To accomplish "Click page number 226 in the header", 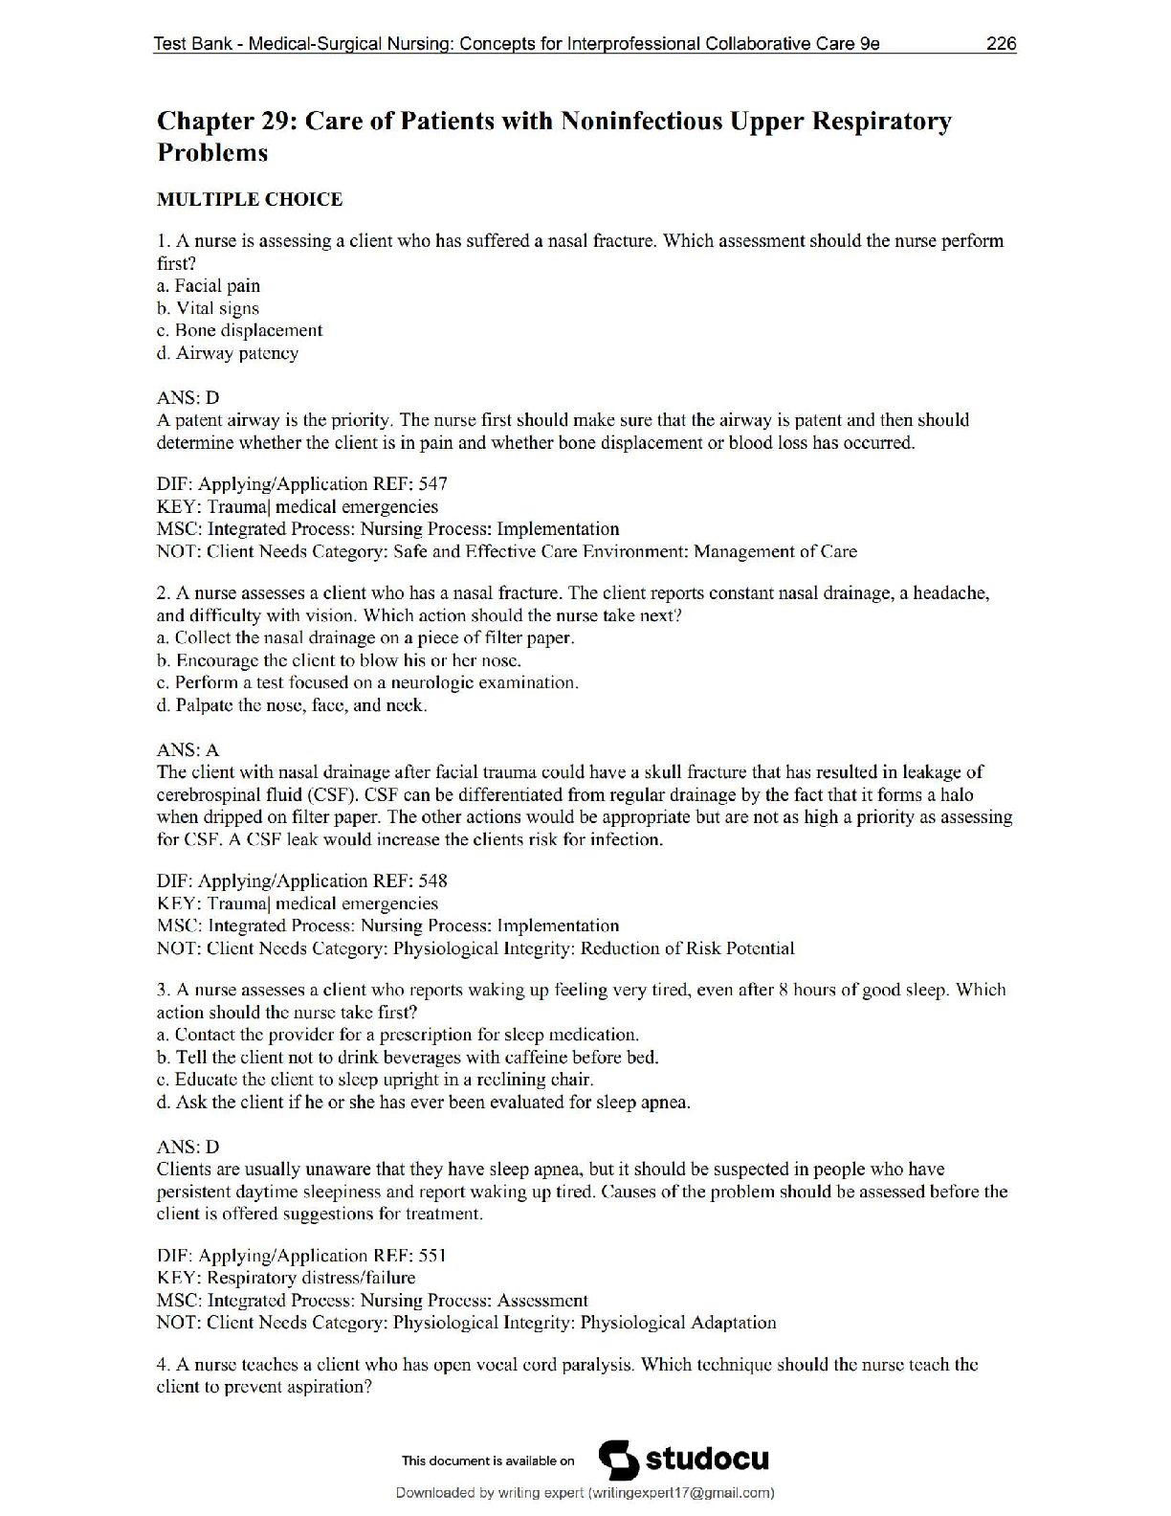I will (x=1001, y=44).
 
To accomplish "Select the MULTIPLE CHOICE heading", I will (x=249, y=199).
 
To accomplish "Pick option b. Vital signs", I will (x=208, y=308).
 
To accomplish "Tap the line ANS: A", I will (x=188, y=750).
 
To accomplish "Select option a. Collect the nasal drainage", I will (x=365, y=638).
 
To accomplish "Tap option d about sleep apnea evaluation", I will (x=423, y=1103).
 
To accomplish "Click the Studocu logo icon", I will (x=618, y=1460).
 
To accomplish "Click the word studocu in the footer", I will (x=707, y=1460).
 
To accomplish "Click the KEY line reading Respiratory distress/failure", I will (x=285, y=1278).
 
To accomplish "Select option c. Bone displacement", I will (x=239, y=331).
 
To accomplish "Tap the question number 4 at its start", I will (x=162, y=1365).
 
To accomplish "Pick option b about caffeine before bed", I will (x=408, y=1058).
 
